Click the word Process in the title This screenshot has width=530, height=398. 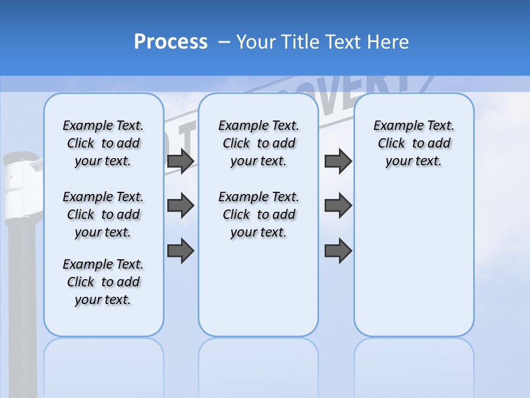tap(171, 41)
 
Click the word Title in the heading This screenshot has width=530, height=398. tap(301, 41)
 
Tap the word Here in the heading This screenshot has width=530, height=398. tap(386, 41)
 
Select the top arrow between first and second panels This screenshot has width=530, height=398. tap(180, 161)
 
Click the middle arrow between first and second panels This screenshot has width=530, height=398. tap(180, 206)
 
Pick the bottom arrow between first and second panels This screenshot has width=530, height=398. tap(180, 250)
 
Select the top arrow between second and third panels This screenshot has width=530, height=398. tap(338, 161)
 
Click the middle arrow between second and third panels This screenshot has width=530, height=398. tap(338, 206)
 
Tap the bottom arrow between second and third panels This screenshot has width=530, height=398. tap(338, 250)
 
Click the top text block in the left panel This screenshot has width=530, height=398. tap(103, 143)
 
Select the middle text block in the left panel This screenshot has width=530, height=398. tap(103, 214)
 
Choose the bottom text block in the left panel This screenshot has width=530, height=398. tap(103, 282)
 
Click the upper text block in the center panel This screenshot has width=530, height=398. tap(258, 143)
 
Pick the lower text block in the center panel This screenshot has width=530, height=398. tap(258, 214)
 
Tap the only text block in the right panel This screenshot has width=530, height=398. tap(414, 143)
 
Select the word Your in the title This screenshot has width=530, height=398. tap(256, 41)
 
